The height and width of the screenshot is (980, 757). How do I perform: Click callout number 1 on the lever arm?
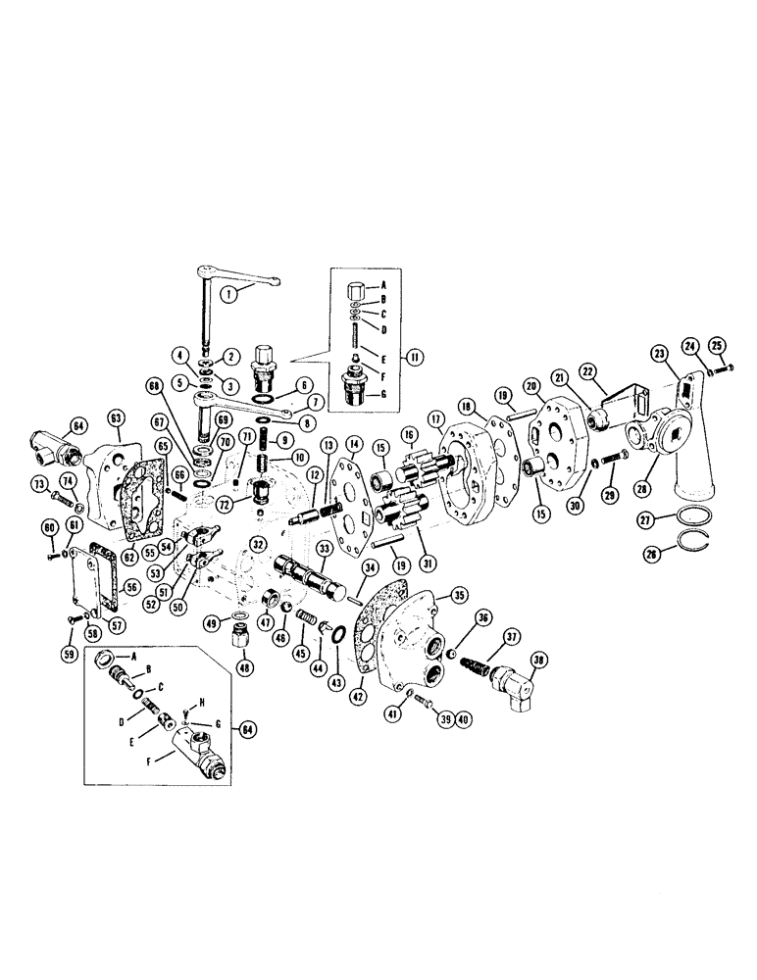pyautogui.click(x=227, y=292)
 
